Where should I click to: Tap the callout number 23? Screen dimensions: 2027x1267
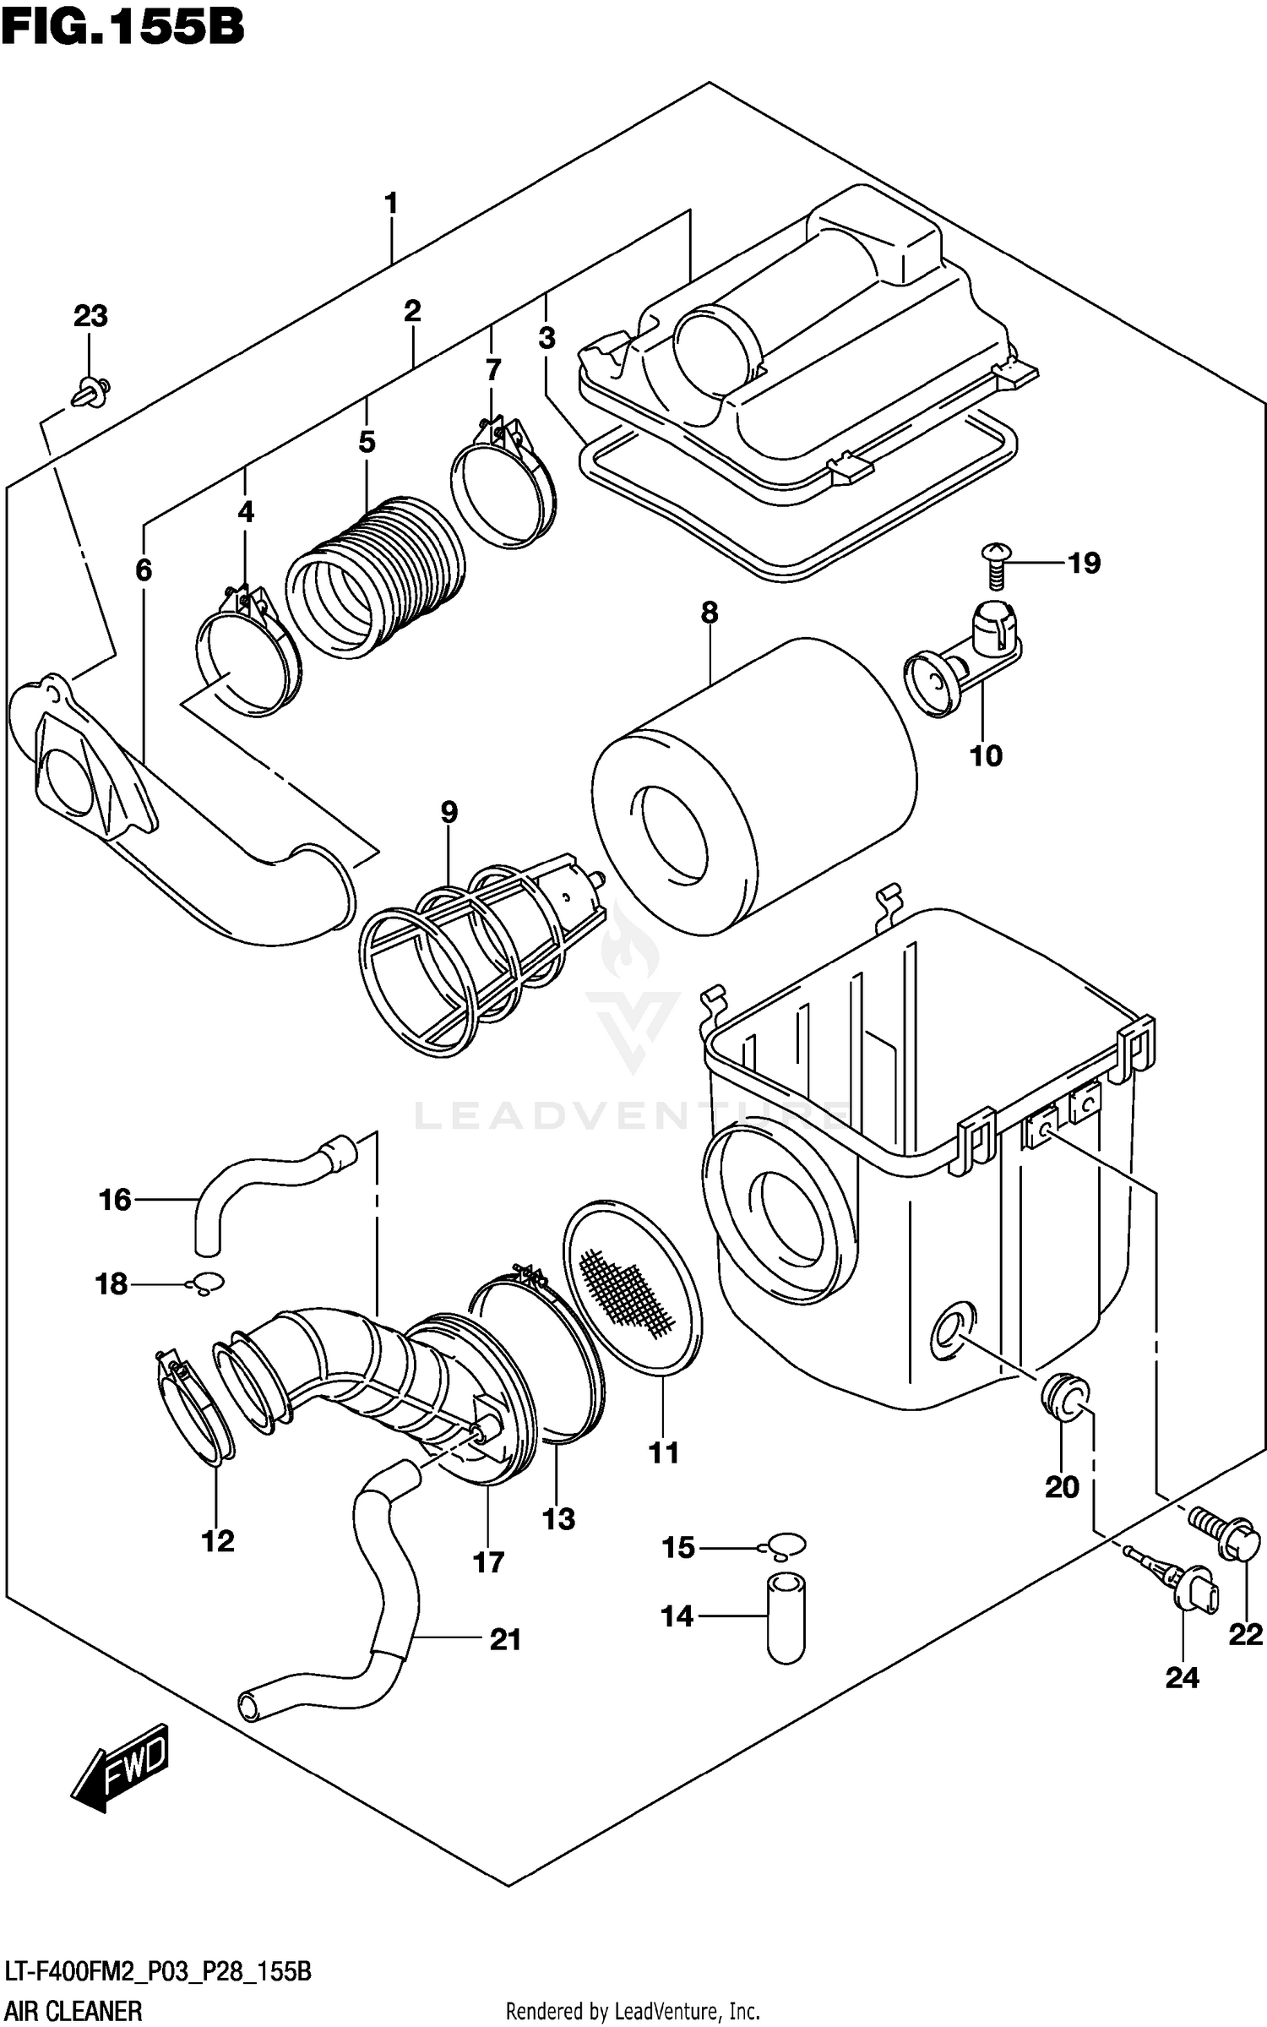(x=90, y=316)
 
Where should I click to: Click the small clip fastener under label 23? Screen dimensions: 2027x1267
(x=90, y=393)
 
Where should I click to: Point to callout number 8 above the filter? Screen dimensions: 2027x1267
(x=709, y=612)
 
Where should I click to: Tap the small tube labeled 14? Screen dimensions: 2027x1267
(x=786, y=1618)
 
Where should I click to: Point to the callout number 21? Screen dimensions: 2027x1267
(x=505, y=1640)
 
